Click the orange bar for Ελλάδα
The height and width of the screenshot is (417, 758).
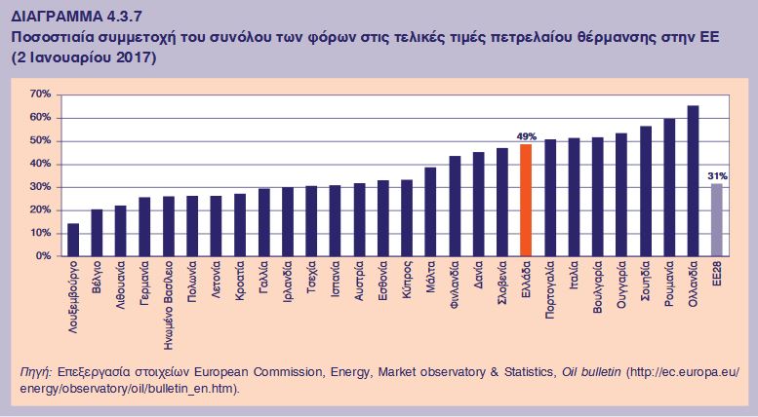pos(525,200)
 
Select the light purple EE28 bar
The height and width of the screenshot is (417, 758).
pos(716,220)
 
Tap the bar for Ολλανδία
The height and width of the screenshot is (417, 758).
pos(693,181)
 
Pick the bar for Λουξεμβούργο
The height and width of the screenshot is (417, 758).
pos(73,241)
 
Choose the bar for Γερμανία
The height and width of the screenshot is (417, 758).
pos(144,227)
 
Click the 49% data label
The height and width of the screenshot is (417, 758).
pos(526,136)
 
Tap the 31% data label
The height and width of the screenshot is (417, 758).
pos(717,175)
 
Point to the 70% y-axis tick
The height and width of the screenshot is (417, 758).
pos(41,95)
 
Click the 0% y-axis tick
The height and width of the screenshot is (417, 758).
pos(44,257)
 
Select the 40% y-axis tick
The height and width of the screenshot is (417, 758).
pos(41,164)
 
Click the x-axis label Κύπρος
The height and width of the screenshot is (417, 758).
pos(407,279)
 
